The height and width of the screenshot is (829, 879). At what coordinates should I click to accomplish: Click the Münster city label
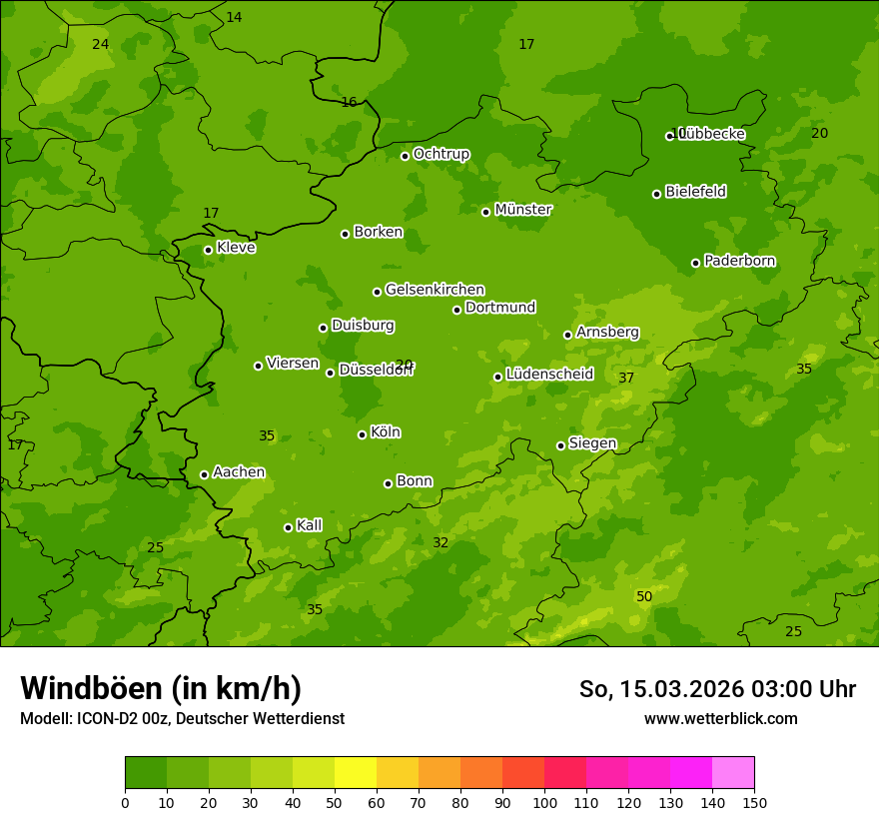(522, 210)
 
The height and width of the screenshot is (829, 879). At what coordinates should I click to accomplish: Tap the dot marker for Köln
(362, 434)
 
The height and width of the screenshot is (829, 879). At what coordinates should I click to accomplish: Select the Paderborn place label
(739, 261)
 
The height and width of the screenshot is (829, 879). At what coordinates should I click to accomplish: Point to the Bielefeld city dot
(656, 194)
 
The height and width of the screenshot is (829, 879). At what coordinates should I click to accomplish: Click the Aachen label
(239, 472)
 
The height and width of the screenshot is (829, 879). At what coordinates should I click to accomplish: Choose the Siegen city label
(592, 443)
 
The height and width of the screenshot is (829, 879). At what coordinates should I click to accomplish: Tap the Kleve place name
(236, 248)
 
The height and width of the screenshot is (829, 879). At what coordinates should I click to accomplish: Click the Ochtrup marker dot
(405, 156)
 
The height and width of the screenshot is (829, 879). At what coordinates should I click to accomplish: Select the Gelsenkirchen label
(435, 290)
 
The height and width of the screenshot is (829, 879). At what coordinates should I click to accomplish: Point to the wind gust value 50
(644, 596)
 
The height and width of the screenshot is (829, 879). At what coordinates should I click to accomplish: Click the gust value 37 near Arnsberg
(626, 378)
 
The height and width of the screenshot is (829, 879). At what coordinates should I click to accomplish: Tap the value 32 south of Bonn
(440, 542)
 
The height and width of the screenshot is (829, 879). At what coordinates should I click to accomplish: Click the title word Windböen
(90, 688)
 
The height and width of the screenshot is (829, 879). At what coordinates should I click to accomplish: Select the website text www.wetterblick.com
(720, 718)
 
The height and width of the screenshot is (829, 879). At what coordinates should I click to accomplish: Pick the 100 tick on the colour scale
(544, 802)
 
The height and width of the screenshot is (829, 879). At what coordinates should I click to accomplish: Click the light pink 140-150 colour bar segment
(733, 773)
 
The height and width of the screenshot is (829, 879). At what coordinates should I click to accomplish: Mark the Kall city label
(310, 525)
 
